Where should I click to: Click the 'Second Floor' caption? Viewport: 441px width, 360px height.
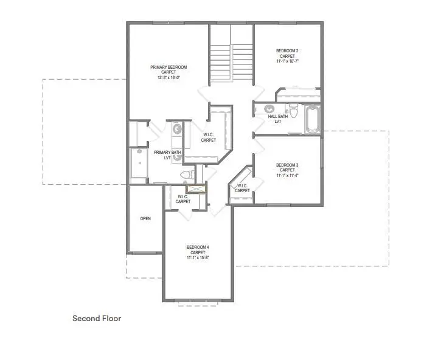(97, 318)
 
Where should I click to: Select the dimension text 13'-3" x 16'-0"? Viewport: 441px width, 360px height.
(168, 77)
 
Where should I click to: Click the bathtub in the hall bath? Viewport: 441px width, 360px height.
(313, 119)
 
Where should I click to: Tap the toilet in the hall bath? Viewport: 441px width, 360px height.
(293, 111)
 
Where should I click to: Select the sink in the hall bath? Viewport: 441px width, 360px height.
(268, 110)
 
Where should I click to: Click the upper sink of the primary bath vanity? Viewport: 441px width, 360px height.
(177, 129)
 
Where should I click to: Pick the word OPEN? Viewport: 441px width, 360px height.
(145, 218)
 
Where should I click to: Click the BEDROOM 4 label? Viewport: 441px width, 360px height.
(198, 247)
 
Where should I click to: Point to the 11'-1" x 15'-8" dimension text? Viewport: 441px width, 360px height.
(198, 258)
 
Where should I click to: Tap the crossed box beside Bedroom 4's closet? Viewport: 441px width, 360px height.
(196, 189)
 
